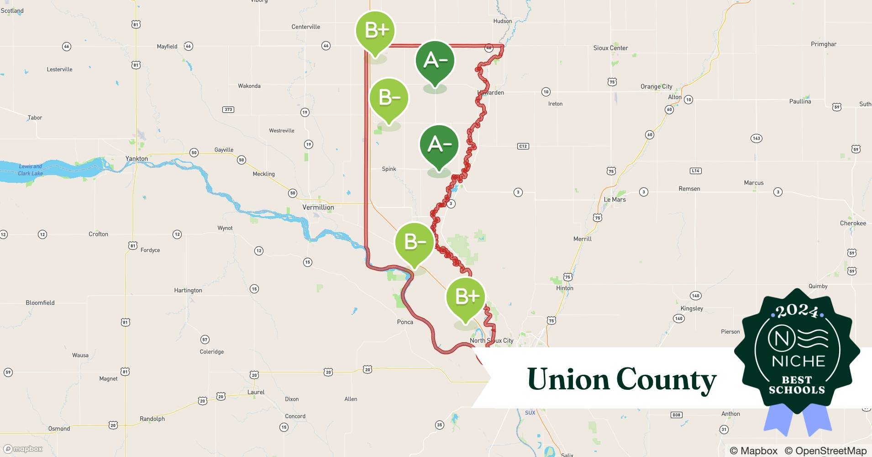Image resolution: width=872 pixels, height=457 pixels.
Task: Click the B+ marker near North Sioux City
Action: click(x=466, y=297)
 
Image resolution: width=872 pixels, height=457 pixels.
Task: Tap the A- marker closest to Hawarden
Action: click(x=435, y=61)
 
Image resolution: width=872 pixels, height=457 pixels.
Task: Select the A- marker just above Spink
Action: click(x=439, y=145)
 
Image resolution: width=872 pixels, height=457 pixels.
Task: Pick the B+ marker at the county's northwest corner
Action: click(x=375, y=31)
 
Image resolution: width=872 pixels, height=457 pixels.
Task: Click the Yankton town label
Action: click(x=137, y=159)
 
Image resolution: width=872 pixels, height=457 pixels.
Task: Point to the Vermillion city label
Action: click(x=318, y=207)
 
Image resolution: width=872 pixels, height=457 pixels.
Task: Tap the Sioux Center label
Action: click(x=610, y=48)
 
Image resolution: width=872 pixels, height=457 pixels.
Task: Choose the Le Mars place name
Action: click(x=615, y=200)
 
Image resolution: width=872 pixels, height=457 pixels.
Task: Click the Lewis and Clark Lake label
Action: click(x=31, y=170)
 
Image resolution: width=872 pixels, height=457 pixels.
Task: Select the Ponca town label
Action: click(x=405, y=322)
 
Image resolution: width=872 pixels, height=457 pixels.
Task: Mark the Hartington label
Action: click(x=188, y=290)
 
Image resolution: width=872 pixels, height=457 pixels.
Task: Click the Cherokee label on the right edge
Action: click(x=853, y=223)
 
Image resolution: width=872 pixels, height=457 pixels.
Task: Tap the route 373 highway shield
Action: click(x=228, y=109)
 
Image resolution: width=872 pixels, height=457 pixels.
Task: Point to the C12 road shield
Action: click(x=523, y=146)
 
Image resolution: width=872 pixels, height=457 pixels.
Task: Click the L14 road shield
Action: click(x=695, y=171)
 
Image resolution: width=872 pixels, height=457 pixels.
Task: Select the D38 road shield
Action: click(x=676, y=415)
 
